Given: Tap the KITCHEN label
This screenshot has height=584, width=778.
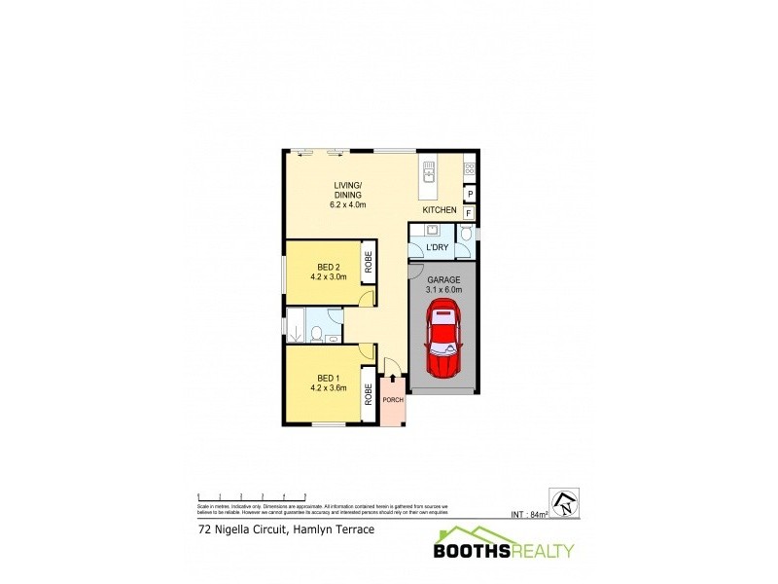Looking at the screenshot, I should [440, 210].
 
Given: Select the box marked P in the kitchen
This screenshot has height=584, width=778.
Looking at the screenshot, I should [469, 194].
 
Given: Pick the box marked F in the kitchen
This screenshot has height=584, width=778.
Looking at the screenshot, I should [469, 213].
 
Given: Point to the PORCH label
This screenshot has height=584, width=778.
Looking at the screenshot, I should [394, 401].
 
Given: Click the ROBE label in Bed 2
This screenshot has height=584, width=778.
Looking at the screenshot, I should [369, 262].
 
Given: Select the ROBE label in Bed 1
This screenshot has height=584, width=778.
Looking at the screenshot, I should [369, 394].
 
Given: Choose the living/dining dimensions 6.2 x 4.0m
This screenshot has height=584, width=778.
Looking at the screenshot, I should [348, 205].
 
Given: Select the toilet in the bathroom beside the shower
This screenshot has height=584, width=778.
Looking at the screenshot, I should [318, 335].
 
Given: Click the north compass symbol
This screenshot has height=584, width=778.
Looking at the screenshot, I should [564, 500].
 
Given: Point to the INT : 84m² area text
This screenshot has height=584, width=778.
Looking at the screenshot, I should [531, 514].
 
